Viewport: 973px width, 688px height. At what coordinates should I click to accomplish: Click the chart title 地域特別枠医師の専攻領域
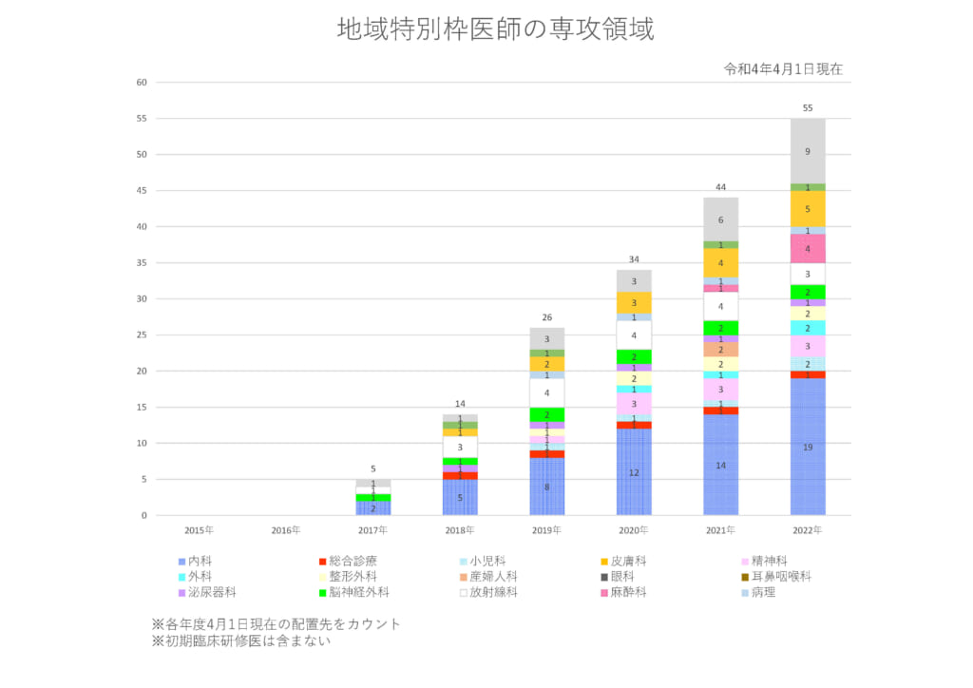point(495,29)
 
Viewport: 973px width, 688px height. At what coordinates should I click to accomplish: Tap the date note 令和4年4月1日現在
point(783,69)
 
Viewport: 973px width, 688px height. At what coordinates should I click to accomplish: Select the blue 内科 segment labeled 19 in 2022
point(808,447)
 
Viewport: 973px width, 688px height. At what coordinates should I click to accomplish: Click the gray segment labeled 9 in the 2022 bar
point(808,151)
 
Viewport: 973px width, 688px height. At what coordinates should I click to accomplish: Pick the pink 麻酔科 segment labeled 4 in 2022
point(808,249)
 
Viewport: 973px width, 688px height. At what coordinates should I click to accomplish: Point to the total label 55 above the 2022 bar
point(808,108)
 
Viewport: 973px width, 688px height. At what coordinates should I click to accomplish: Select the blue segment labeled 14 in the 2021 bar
point(720,465)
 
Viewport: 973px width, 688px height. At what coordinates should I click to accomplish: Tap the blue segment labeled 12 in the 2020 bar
point(634,472)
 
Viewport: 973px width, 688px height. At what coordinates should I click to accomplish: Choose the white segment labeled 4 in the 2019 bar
point(546,392)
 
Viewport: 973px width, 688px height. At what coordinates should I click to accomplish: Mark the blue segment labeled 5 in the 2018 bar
point(460,497)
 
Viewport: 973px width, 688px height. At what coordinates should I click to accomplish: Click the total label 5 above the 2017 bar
point(372,469)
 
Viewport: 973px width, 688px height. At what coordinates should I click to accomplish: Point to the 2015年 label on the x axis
point(200,529)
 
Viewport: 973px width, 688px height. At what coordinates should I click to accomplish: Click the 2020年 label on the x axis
point(634,529)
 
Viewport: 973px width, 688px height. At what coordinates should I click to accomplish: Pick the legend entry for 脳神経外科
point(353,592)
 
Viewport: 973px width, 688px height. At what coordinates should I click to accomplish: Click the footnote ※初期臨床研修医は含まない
point(241,640)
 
